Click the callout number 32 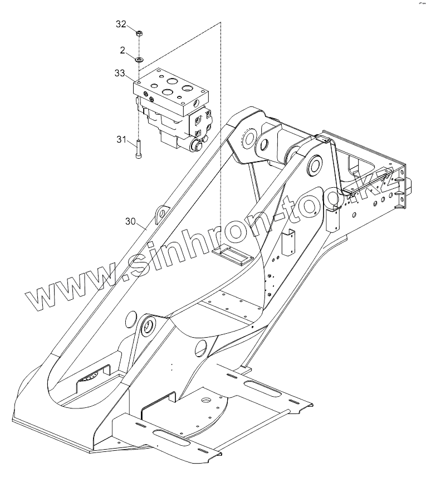point(121,24)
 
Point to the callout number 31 point(121,140)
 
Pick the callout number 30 point(130,221)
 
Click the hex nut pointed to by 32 point(139,32)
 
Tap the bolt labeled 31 point(138,150)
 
